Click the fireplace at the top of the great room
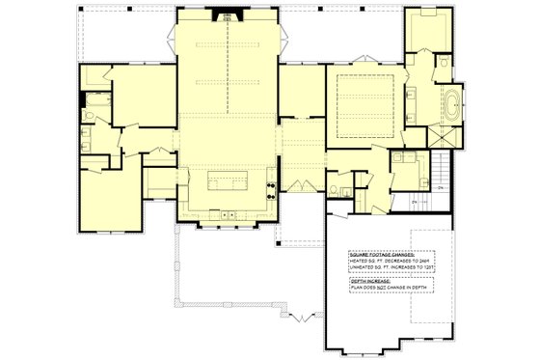point(228,14)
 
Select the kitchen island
point(227,180)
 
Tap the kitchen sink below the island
point(227,213)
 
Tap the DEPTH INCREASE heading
point(373,282)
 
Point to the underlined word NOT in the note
point(394,290)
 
